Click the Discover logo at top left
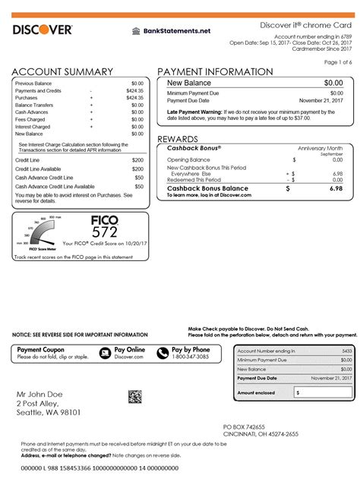click(43, 30)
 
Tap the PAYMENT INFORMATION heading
click(215, 71)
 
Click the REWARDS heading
click(178, 140)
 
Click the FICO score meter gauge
click(38, 234)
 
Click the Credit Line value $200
click(137, 161)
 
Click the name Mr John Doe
click(42, 394)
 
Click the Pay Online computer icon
click(106, 352)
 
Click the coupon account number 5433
click(346, 351)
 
